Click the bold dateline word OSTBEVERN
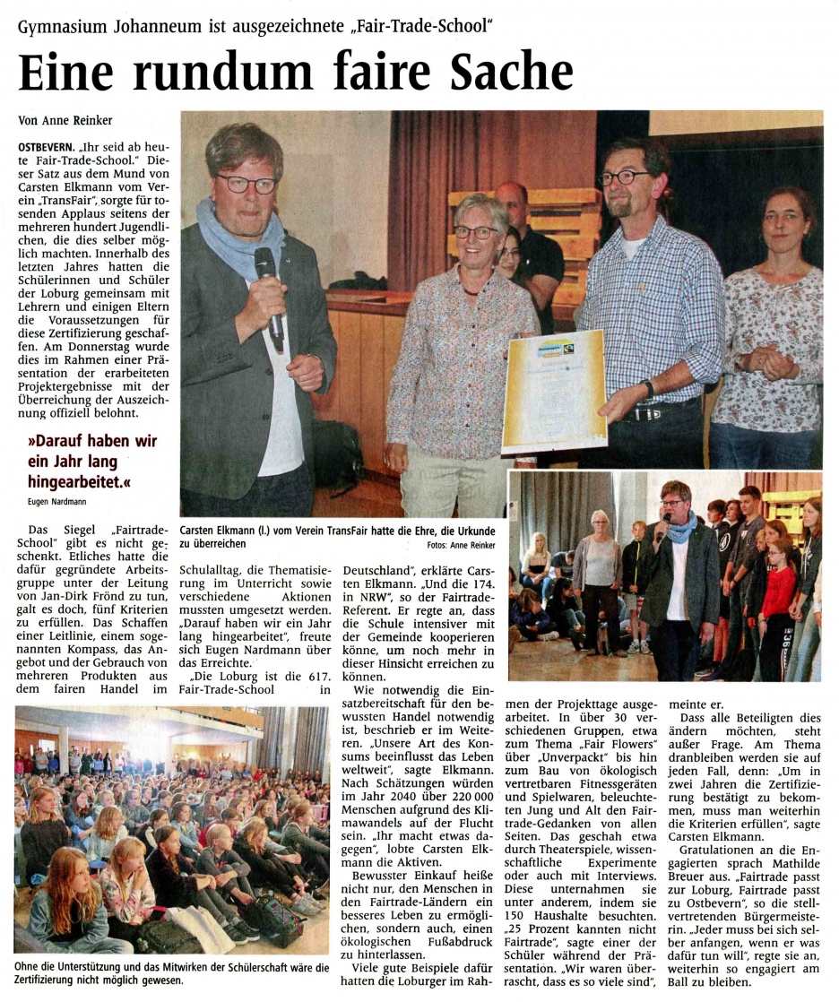47,145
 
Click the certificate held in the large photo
553,391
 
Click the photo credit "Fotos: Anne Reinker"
462,545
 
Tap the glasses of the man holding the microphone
245,183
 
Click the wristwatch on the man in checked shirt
648,390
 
